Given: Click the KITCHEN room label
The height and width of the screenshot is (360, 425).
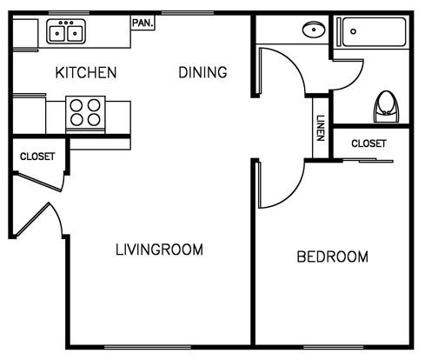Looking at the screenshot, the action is (86, 72).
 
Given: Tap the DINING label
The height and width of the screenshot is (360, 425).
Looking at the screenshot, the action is (203, 72).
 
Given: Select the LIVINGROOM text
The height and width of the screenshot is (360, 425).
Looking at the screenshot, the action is (159, 250).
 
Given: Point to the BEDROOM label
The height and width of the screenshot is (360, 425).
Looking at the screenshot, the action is (333, 257).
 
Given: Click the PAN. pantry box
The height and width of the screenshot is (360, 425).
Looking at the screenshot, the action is (143, 23).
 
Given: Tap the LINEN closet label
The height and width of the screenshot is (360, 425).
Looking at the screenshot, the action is (321, 128).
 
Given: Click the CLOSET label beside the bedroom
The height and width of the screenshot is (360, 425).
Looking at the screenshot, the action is (369, 143).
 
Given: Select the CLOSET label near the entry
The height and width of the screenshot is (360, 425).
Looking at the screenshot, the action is (37, 157).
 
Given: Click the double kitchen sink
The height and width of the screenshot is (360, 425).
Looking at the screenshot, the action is (66, 31).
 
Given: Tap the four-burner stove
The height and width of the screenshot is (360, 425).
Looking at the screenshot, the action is (85, 113).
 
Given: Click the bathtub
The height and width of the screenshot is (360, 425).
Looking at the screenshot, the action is (372, 32).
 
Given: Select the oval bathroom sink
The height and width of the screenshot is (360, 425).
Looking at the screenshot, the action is (314, 30).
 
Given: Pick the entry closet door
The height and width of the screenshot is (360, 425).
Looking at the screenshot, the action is (38, 182).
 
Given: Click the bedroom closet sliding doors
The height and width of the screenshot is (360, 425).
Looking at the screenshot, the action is (368, 160).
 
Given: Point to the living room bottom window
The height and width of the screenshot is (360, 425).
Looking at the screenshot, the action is (148, 347).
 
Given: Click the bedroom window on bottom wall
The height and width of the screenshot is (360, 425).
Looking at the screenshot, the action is (334, 347).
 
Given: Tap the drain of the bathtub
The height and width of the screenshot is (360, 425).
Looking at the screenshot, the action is (353, 31).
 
